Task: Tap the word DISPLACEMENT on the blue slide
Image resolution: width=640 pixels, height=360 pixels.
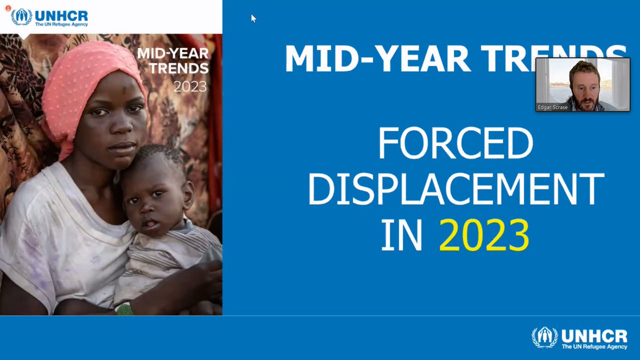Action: point(455,189)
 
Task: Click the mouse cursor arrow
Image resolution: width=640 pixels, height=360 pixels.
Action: point(253,18)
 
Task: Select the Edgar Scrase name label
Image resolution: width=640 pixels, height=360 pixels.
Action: point(553,107)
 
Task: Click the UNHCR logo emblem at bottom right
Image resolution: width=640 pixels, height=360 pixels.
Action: point(544,338)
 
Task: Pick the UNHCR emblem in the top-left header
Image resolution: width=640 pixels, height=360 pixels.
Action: point(21,17)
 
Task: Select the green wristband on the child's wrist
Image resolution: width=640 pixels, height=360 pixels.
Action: point(124,309)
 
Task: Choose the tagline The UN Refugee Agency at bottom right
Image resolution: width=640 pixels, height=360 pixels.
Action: point(594,347)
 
